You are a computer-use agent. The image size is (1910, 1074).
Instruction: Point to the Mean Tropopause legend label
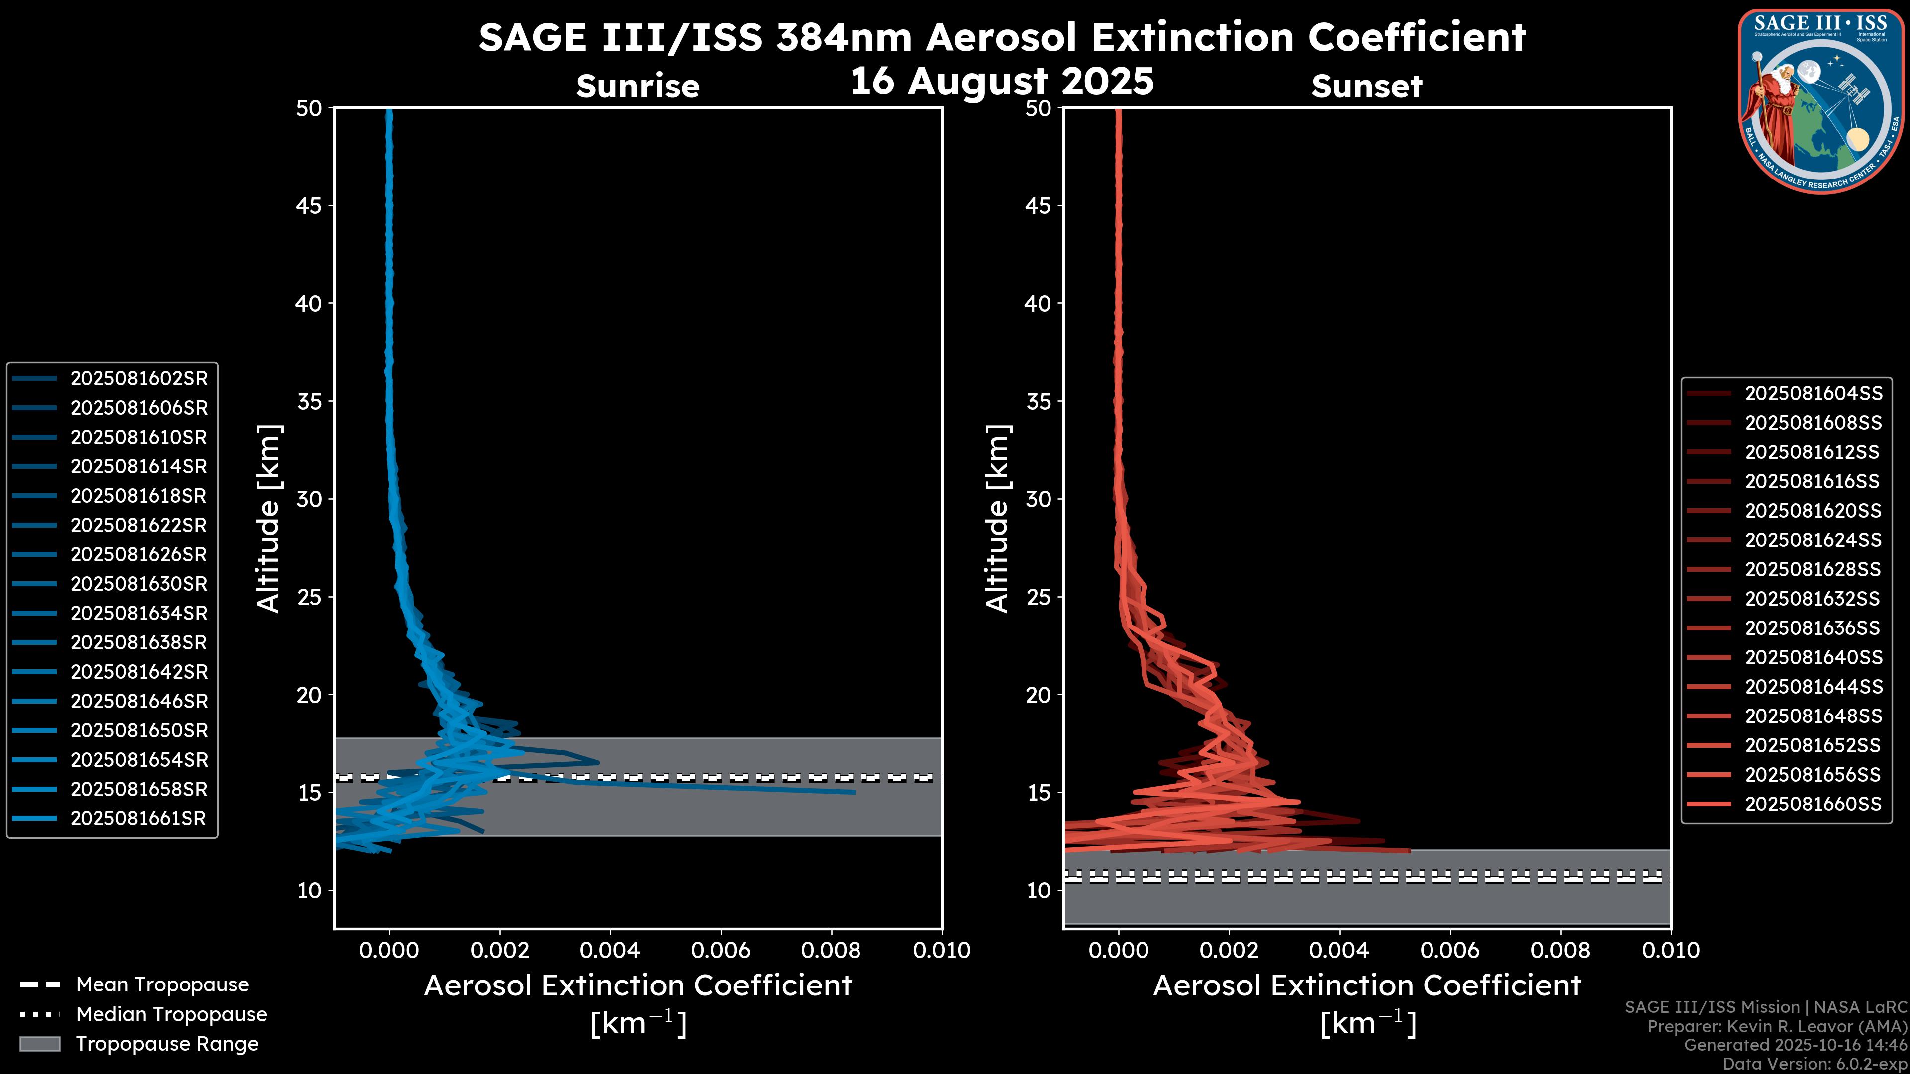coord(162,985)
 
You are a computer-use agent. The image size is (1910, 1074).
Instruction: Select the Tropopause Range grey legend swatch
coord(39,1044)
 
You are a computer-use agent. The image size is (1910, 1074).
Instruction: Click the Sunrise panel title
coord(638,87)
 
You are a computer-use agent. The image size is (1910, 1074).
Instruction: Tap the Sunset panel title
coord(1366,87)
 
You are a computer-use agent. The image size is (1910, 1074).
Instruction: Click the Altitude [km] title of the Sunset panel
coord(997,519)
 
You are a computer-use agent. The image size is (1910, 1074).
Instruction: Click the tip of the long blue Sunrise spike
coord(854,792)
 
